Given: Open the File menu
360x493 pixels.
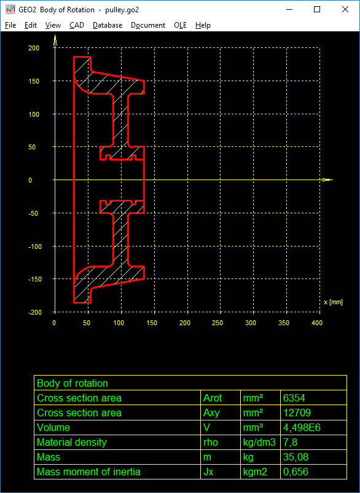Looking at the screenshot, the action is coord(10,25).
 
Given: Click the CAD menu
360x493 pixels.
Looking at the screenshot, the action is coord(77,25).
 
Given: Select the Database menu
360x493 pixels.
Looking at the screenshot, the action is coord(108,25).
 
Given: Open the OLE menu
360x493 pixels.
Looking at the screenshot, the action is coord(181,25).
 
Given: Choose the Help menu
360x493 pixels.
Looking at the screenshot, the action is coord(203,25).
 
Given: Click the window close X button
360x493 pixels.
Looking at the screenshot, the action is coord(345,9).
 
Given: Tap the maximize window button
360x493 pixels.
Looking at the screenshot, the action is coord(317,9).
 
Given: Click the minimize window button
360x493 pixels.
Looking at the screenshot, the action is coord(289,10).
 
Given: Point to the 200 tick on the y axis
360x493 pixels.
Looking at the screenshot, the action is coord(34,48).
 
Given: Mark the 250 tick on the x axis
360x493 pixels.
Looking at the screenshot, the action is coord(217,323).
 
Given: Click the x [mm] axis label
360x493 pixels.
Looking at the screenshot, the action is coord(333,302).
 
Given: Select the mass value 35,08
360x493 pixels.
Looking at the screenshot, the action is coord(295,457).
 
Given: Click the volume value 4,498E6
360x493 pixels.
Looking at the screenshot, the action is coord(302,428).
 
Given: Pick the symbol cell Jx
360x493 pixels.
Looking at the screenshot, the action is coord(208,471).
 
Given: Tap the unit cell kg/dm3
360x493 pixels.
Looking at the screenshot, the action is coord(259,443).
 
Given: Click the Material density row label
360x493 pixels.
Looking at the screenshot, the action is coord(72,443).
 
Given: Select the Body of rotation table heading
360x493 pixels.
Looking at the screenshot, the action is coord(72,383).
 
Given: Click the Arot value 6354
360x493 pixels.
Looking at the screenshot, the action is coord(294,398).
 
